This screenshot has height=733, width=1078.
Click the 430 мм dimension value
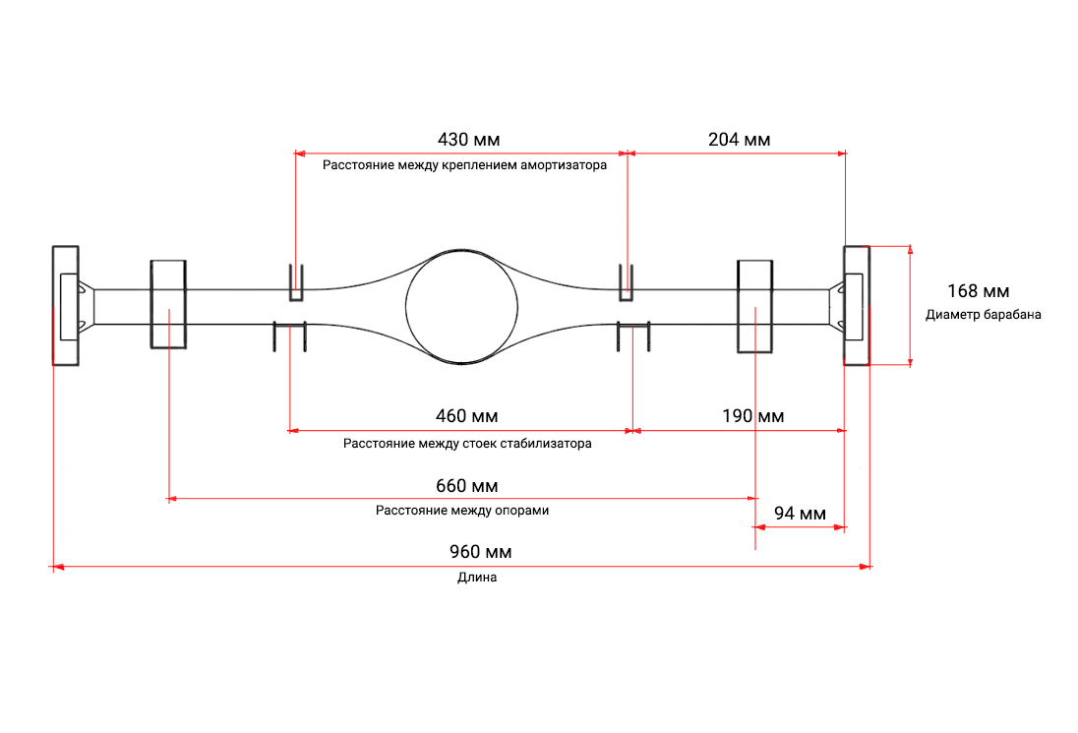click(x=461, y=140)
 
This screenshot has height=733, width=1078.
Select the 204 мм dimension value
click(x=739, y=140)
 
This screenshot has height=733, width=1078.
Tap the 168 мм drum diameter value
click(x=978, y=291)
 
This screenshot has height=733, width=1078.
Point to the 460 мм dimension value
click(x=466, y=416)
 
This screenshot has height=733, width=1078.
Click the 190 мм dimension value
click(x=752, y=416)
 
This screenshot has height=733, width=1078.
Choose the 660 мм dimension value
click(x=466, y=486)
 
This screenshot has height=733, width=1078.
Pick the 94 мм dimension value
click(x=799, y=514)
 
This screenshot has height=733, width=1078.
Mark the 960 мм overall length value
click(x=480, y=553)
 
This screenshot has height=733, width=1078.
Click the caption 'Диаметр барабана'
click(x=983, y=315)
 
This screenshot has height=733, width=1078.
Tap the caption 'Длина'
click(x=477, y=578)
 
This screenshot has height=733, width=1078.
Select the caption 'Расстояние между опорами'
click(x=462, y=511)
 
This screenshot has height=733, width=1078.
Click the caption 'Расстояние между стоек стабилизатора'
click(x=467, y=443)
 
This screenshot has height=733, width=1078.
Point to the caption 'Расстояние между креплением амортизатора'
click(x=464, y=165)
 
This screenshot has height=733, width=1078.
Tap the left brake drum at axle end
click(x=66, y=305)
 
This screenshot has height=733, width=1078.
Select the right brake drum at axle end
click(x=856, y=305)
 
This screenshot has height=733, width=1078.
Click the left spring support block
click(x=168, y=304)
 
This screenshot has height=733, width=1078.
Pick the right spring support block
click(x=754, y=306)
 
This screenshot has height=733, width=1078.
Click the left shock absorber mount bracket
click(x=296, y=282)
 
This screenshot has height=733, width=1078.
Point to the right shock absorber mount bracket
click(x=625, y=282)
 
